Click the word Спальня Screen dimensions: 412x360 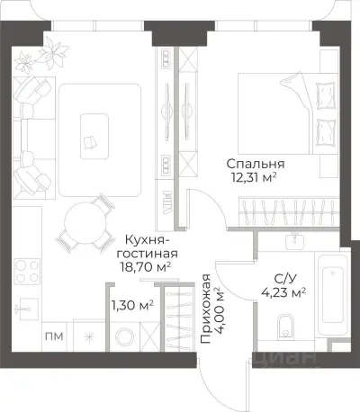point(256,164)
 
